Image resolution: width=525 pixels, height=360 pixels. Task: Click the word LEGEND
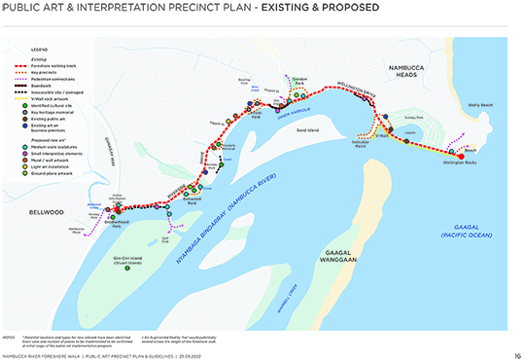39,47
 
